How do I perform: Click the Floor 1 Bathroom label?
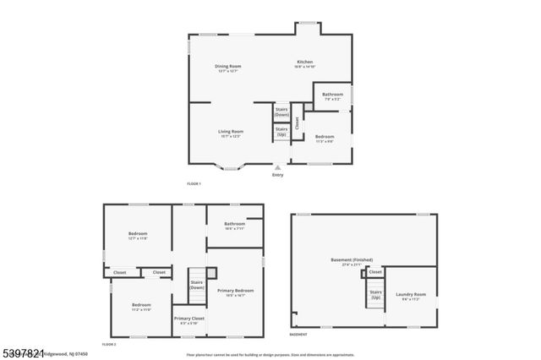[332, 95]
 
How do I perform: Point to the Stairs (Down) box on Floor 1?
[281, 111]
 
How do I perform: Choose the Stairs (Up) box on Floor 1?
[281, 132]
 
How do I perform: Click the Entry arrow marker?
[278, 168]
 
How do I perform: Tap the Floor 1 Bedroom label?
[325, 138]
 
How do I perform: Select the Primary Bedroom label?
[235, 292]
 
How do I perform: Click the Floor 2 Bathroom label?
[234, 226]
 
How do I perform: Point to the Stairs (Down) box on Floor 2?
[197, 285]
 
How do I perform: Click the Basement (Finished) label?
[351, 262]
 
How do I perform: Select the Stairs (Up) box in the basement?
[375, 295]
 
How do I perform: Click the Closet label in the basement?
[375, 272]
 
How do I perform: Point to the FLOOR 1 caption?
[194, 183]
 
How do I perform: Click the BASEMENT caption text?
[298, 335]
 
